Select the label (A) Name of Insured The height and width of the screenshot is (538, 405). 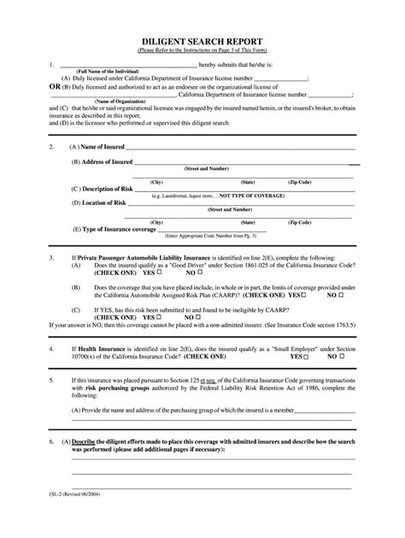point(100,146)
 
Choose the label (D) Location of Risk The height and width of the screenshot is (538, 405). point(99,202)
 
